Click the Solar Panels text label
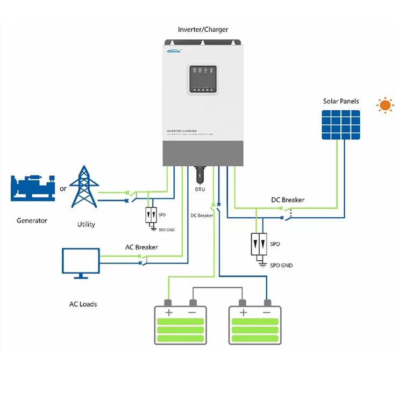(x=340, y=101)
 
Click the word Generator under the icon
(x=32, y=220)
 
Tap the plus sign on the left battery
(x=168, y=312)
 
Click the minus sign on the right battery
(x=266, y=312)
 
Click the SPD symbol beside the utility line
(x=149, y=215)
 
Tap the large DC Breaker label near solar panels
(x=287, y=200)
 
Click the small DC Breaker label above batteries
(x=202, y=216)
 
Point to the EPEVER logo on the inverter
(x=175, y=51)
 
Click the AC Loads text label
(x=83, y=304)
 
